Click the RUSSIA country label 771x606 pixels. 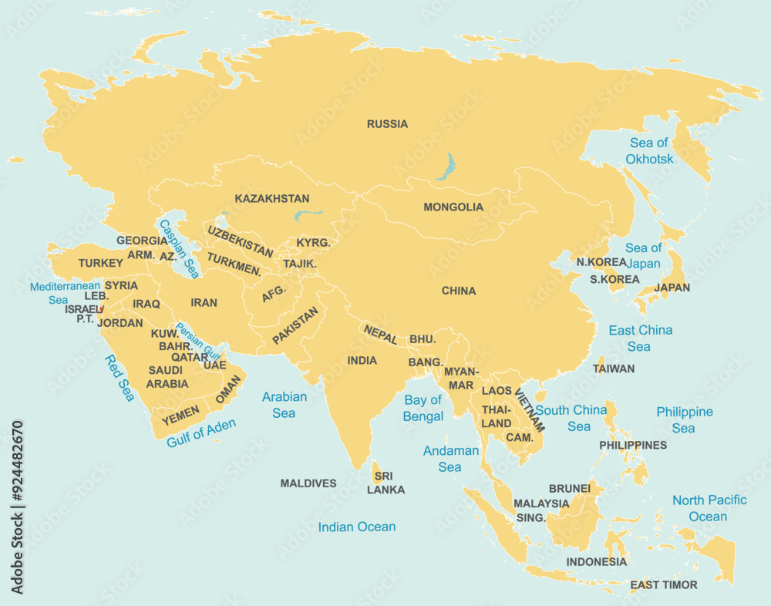click(387, 124)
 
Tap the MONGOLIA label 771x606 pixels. click(453, 207)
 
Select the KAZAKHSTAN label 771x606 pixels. click(272, 199)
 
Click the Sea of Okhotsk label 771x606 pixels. click(649, 151)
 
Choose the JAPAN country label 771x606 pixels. click(672, 288)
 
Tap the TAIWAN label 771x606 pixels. click(614, 369)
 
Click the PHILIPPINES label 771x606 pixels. click(633, 445)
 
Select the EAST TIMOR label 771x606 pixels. click(663, 584)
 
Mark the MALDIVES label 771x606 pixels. click(308, 483)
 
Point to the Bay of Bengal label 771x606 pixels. click(423, 408)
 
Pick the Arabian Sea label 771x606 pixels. click(284, 405)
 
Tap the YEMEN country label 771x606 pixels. click(180, 414)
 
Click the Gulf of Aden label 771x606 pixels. click(201, 433)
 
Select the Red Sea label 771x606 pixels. click(120, 378)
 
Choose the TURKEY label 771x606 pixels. click(100, 263)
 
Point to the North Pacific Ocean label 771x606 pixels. click(709, 508)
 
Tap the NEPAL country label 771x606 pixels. click(380, 334)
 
